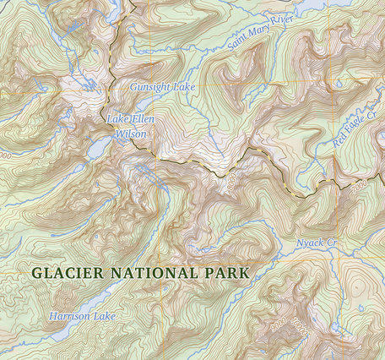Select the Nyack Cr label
point(317,244)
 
